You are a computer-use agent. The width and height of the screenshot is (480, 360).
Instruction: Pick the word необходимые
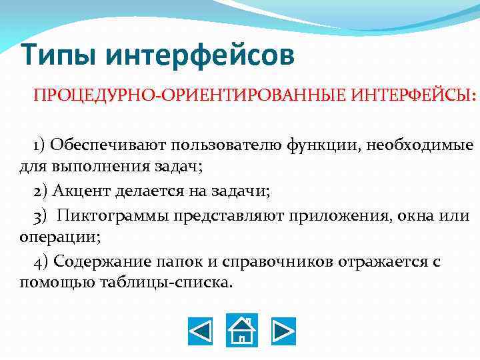click(x=426, y=145)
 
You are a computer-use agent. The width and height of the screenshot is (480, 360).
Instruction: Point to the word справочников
click(x=275, y=261)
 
